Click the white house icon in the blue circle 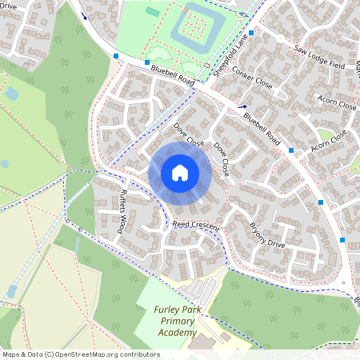tap(180, 173)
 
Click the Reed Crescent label tap(196, 226)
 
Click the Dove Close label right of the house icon tap(221, 160)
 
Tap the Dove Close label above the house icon tap(189, 134)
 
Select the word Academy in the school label tap(177, 332)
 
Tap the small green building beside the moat tap(152, 12)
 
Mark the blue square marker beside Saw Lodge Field tap(251, 33)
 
